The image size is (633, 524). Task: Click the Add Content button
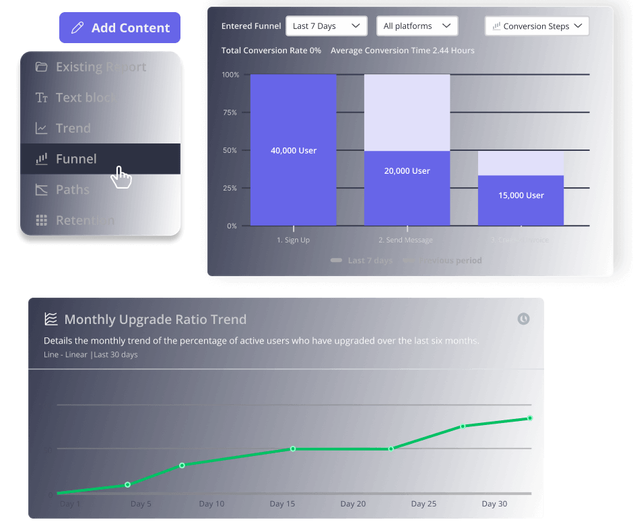120,28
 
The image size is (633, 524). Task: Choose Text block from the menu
86,98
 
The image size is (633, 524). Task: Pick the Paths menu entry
72,189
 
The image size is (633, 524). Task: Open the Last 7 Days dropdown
327,26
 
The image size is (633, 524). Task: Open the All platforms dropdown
417,26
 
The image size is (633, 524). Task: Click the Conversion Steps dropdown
537,26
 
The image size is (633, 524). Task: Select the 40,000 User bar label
294,150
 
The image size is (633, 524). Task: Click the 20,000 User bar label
407,170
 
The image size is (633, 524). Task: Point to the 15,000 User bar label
521,195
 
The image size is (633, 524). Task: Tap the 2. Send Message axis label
405,240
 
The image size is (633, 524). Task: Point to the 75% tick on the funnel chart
230,112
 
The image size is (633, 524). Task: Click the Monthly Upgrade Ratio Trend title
155,319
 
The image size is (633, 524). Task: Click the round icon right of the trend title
523,319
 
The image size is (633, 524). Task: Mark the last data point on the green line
530,418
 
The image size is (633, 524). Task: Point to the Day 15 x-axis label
282,504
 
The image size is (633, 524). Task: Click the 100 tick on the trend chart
45,405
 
